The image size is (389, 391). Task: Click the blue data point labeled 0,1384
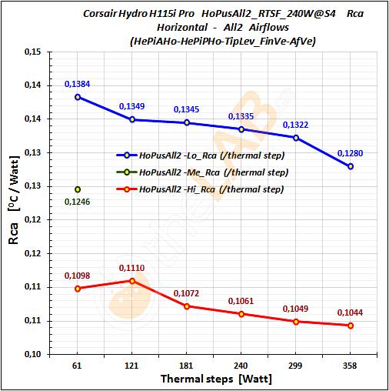[78, 97]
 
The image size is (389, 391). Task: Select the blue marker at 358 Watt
[351, 166]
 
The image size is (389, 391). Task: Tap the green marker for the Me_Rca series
[78, 189]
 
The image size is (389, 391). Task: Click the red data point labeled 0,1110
[132, 280]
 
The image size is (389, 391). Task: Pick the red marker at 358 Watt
[351, 326]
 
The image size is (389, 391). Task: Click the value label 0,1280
[350, 153]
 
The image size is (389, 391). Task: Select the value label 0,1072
[187, 293]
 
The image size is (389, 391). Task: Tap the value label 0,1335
[242, 116]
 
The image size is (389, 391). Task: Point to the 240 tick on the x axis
[241, 366]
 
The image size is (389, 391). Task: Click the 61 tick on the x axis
[78, 366]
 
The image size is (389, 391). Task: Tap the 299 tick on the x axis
[296, 366]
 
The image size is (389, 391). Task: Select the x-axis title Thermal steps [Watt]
[215, 379]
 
